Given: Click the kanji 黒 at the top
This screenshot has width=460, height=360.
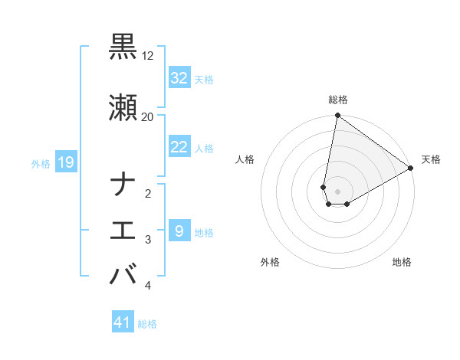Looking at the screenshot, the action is (x=123, y=47).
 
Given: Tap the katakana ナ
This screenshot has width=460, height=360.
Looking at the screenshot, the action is (x=123, y=185).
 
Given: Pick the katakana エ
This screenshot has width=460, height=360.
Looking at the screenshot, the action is (x=123, y=230).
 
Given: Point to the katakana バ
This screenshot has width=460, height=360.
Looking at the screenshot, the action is (x=123, y=273).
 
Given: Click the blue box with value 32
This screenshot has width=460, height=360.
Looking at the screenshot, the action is (x=179, y=78).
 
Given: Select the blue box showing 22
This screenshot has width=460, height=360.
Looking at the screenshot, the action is (x=179, y=147).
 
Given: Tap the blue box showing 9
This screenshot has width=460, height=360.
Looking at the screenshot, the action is (x=179, y=231).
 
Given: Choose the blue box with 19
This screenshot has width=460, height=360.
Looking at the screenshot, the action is (x=65, y=162).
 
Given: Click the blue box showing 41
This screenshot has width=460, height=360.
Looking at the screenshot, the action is (x=123, y=322).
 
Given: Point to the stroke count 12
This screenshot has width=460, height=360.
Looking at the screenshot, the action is (x=148, y=57).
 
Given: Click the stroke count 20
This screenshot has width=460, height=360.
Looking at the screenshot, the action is (x=148, y=116).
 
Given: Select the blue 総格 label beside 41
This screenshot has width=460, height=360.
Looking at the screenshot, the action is (x=147, y=324).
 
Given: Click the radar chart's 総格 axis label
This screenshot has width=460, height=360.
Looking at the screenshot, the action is (x=337, y=100).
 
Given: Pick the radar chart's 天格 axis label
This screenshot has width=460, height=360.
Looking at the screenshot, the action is (x=431, y=160).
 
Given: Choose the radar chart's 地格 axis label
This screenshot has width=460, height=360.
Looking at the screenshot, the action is (x=402, y=263).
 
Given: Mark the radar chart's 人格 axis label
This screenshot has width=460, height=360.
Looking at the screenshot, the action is (x=245, y=160).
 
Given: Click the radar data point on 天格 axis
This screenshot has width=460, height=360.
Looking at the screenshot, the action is (x=411, y=169).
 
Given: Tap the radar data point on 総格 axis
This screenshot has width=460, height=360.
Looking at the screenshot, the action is (x=337, y=116).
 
